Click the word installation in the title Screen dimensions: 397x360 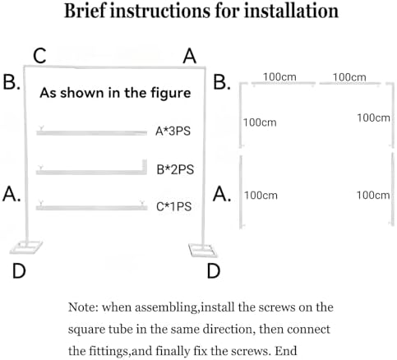point(291,11)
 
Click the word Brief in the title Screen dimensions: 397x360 point(85,11)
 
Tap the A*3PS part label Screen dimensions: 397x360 point(173,131)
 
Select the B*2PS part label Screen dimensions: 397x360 point(175,169)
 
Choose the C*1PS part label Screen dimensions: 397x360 point(174,206)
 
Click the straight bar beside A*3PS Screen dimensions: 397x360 point(92,133)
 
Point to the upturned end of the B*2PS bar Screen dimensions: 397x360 point(144,165)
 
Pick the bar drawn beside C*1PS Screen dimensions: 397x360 point(91,208)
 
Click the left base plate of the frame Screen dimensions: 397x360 point(26,247)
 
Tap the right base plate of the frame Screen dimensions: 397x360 point(203,250)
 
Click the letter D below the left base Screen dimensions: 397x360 point(19,271)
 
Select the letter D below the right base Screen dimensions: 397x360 point(214,271)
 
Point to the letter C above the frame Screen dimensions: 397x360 point(39,56)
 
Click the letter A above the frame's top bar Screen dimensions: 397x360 point(190,56)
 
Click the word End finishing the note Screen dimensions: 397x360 point(286,351)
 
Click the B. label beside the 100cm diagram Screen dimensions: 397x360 point(222,82)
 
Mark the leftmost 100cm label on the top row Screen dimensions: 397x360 point(279,77)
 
